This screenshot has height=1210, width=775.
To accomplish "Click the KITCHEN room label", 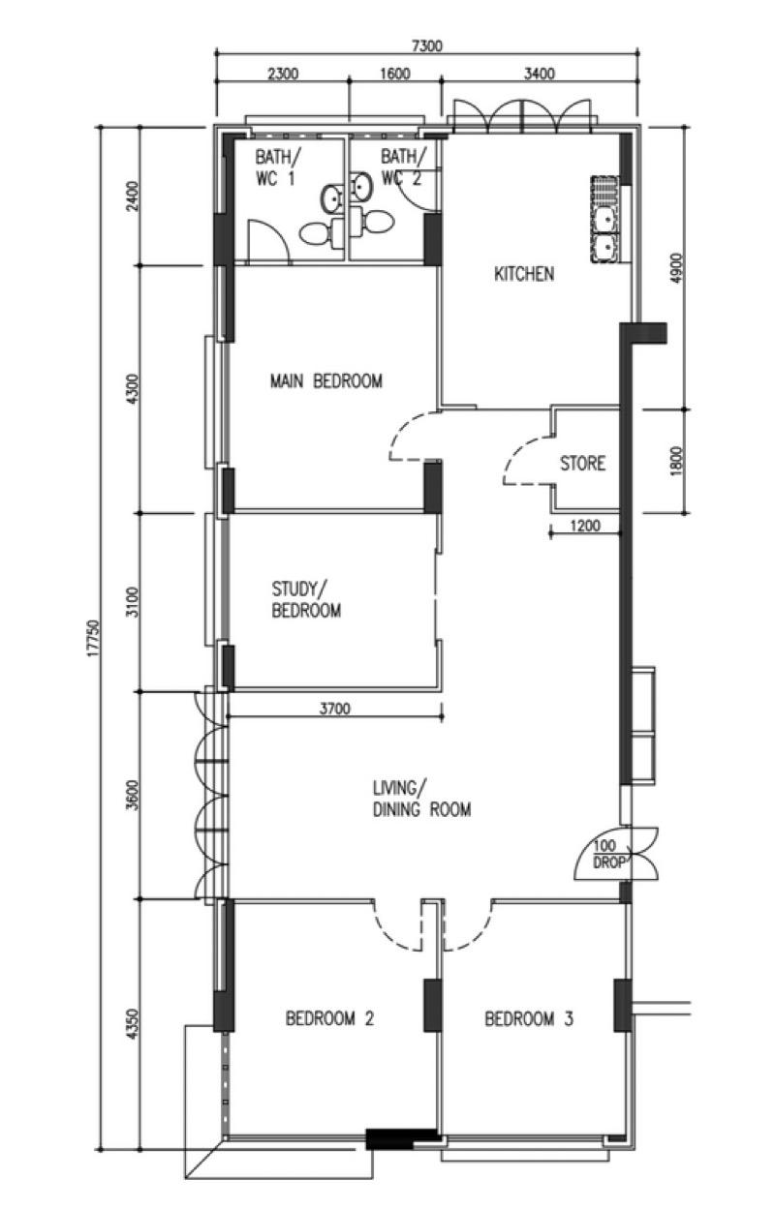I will [524, 274].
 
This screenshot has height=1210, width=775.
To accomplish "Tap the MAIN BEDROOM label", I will [325, 381].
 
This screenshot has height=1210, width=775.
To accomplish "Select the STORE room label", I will [582, 464].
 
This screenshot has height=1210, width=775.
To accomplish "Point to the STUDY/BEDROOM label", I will [305, 599].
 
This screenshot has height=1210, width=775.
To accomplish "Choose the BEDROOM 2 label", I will [329, 1018].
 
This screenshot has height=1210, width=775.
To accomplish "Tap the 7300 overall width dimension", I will [427, 45].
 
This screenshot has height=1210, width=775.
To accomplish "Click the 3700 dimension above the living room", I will [334, 710].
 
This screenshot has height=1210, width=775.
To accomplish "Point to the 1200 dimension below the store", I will [585, 527].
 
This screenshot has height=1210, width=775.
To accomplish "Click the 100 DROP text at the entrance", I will [607, 852].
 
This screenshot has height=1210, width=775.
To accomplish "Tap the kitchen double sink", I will [604, 221].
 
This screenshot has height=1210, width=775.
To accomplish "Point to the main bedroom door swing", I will [412, 438].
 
